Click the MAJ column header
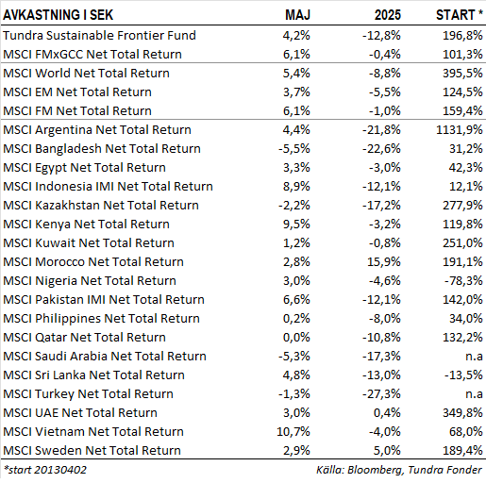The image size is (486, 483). coord(297,15)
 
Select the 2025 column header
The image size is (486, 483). coord(388,15)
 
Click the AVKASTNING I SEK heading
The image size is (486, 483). coord(58,15)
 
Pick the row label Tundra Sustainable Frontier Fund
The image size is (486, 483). coord(99,35)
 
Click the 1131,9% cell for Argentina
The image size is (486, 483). coord(460,130)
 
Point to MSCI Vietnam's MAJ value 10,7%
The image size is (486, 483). coord(293,432)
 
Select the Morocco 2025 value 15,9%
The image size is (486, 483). coord(384,262)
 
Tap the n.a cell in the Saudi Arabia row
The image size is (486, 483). coord(474,357)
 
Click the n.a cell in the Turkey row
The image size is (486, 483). coord(474,394)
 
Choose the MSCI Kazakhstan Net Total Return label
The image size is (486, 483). coord(101,206)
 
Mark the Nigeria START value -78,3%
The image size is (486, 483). coord(463,281)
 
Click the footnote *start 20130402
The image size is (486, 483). coord(44,470)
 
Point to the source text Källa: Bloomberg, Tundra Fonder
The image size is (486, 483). coord(399,470)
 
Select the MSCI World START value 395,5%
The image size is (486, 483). coord(462,74)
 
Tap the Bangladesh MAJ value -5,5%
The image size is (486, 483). coord(294,149)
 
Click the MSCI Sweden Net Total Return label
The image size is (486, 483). coord(92,451)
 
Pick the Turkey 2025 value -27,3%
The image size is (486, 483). coord(381,394)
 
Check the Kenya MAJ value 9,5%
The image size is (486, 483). coord(296,225)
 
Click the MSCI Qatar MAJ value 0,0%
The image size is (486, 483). coord(296,338)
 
